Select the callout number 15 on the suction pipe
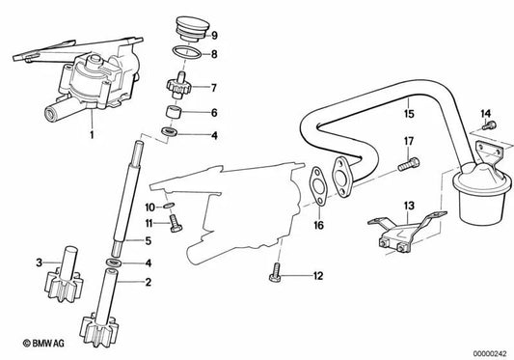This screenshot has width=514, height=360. (409, 113)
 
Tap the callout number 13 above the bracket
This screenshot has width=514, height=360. (408, 206)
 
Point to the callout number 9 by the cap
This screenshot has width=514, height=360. (214, 34)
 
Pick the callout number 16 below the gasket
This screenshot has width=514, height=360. (319, 227)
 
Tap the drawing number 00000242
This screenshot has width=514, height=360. (484, 350)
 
